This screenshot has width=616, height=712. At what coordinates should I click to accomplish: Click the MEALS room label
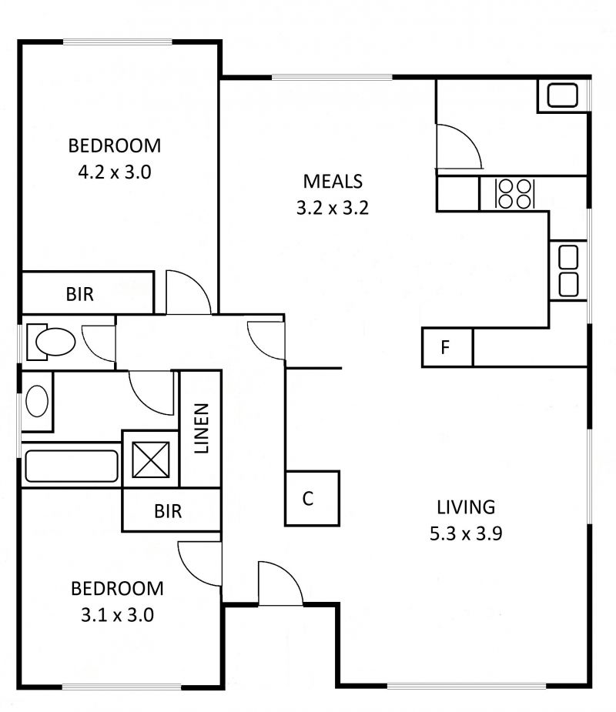pos(333,181)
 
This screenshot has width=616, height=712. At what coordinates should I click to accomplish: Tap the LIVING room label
pos(466,506)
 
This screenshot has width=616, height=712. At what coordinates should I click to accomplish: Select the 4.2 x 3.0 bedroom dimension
pos(115,172)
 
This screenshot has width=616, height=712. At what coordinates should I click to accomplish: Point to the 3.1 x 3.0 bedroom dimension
pos(117,615)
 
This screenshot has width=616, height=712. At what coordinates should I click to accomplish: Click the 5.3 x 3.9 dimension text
pos(466,533)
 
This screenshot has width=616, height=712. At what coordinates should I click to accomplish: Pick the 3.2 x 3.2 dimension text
pos(333,208)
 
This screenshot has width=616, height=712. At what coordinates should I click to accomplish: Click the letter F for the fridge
pos(445,347)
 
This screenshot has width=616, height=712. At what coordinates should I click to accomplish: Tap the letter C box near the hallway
pos(312,498)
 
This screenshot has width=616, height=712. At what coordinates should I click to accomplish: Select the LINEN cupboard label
pos(201,428)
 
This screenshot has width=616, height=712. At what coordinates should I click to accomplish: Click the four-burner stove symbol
pos(515,194)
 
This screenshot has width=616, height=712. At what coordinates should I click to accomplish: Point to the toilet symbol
pos(51,342)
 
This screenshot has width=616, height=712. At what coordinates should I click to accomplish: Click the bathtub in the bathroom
pos(72,466)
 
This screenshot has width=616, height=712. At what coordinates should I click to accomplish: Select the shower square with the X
pos(151,460)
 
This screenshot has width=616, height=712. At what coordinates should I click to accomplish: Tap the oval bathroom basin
pos(37,401)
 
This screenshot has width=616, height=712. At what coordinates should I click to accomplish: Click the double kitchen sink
pos(568,271)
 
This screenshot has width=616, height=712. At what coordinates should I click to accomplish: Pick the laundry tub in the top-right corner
pos(562,95)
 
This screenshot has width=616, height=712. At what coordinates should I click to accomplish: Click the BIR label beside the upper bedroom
pos(80,294)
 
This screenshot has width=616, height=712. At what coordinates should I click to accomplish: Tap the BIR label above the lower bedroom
pos(168,511)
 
